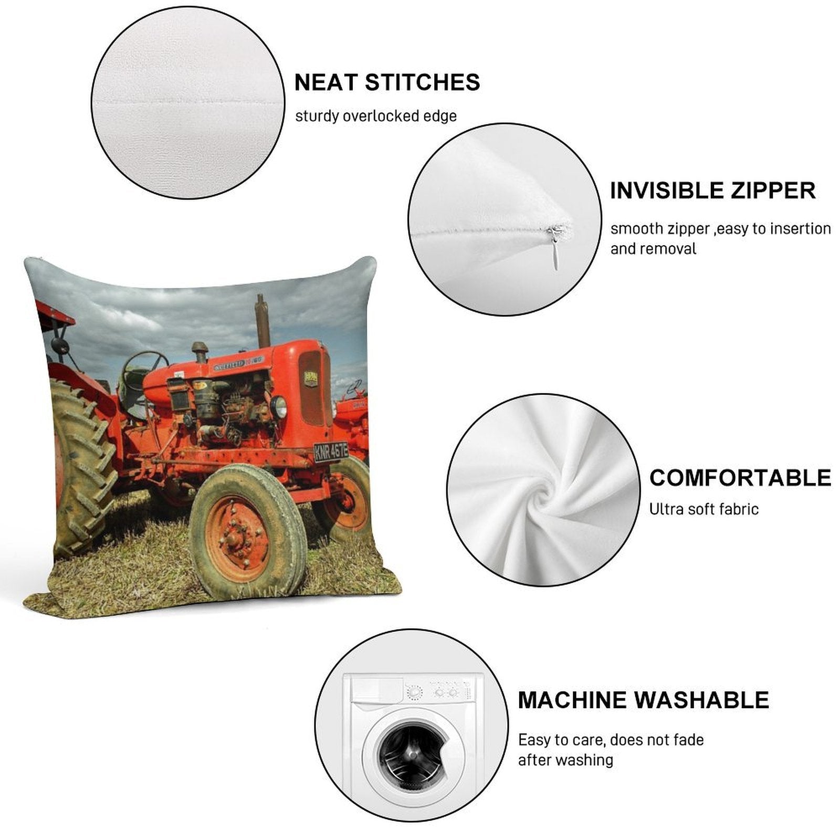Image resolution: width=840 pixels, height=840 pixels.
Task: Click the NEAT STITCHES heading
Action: tap(387, 82)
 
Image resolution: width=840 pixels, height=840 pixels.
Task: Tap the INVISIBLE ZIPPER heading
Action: tap(713, 191)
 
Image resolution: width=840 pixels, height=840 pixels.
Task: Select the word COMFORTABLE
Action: tap(740, 478)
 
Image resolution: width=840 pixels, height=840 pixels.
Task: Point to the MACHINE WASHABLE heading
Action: tap(643, 700)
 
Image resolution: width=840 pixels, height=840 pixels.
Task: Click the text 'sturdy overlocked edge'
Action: tap(376, 116)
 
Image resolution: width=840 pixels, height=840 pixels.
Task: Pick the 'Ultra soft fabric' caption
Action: tap(704, 509)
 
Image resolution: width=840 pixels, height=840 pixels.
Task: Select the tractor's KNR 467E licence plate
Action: tap(331, 451)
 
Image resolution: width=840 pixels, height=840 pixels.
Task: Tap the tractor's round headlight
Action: tap(279, 407)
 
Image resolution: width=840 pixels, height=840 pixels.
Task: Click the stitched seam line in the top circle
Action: tap(187, 106)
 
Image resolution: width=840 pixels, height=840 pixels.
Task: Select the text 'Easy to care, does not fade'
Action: tap(611, 740)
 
